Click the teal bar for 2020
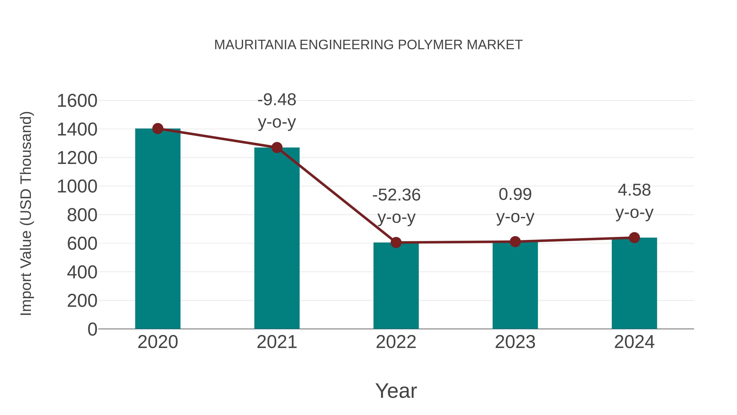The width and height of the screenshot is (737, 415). (158, 229)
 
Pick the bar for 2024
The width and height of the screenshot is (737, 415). (634, 284)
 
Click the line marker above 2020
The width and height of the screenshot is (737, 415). (158, 128)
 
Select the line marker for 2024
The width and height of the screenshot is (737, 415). (634, 238)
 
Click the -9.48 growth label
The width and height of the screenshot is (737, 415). (277, 100)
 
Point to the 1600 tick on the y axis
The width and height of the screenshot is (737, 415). (77, 101)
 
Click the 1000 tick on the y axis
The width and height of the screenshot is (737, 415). (77, 186)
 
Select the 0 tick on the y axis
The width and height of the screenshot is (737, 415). (92, 329)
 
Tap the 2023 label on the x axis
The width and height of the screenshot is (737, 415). (515, 342)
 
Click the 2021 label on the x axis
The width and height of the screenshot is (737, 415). (277, 342)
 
